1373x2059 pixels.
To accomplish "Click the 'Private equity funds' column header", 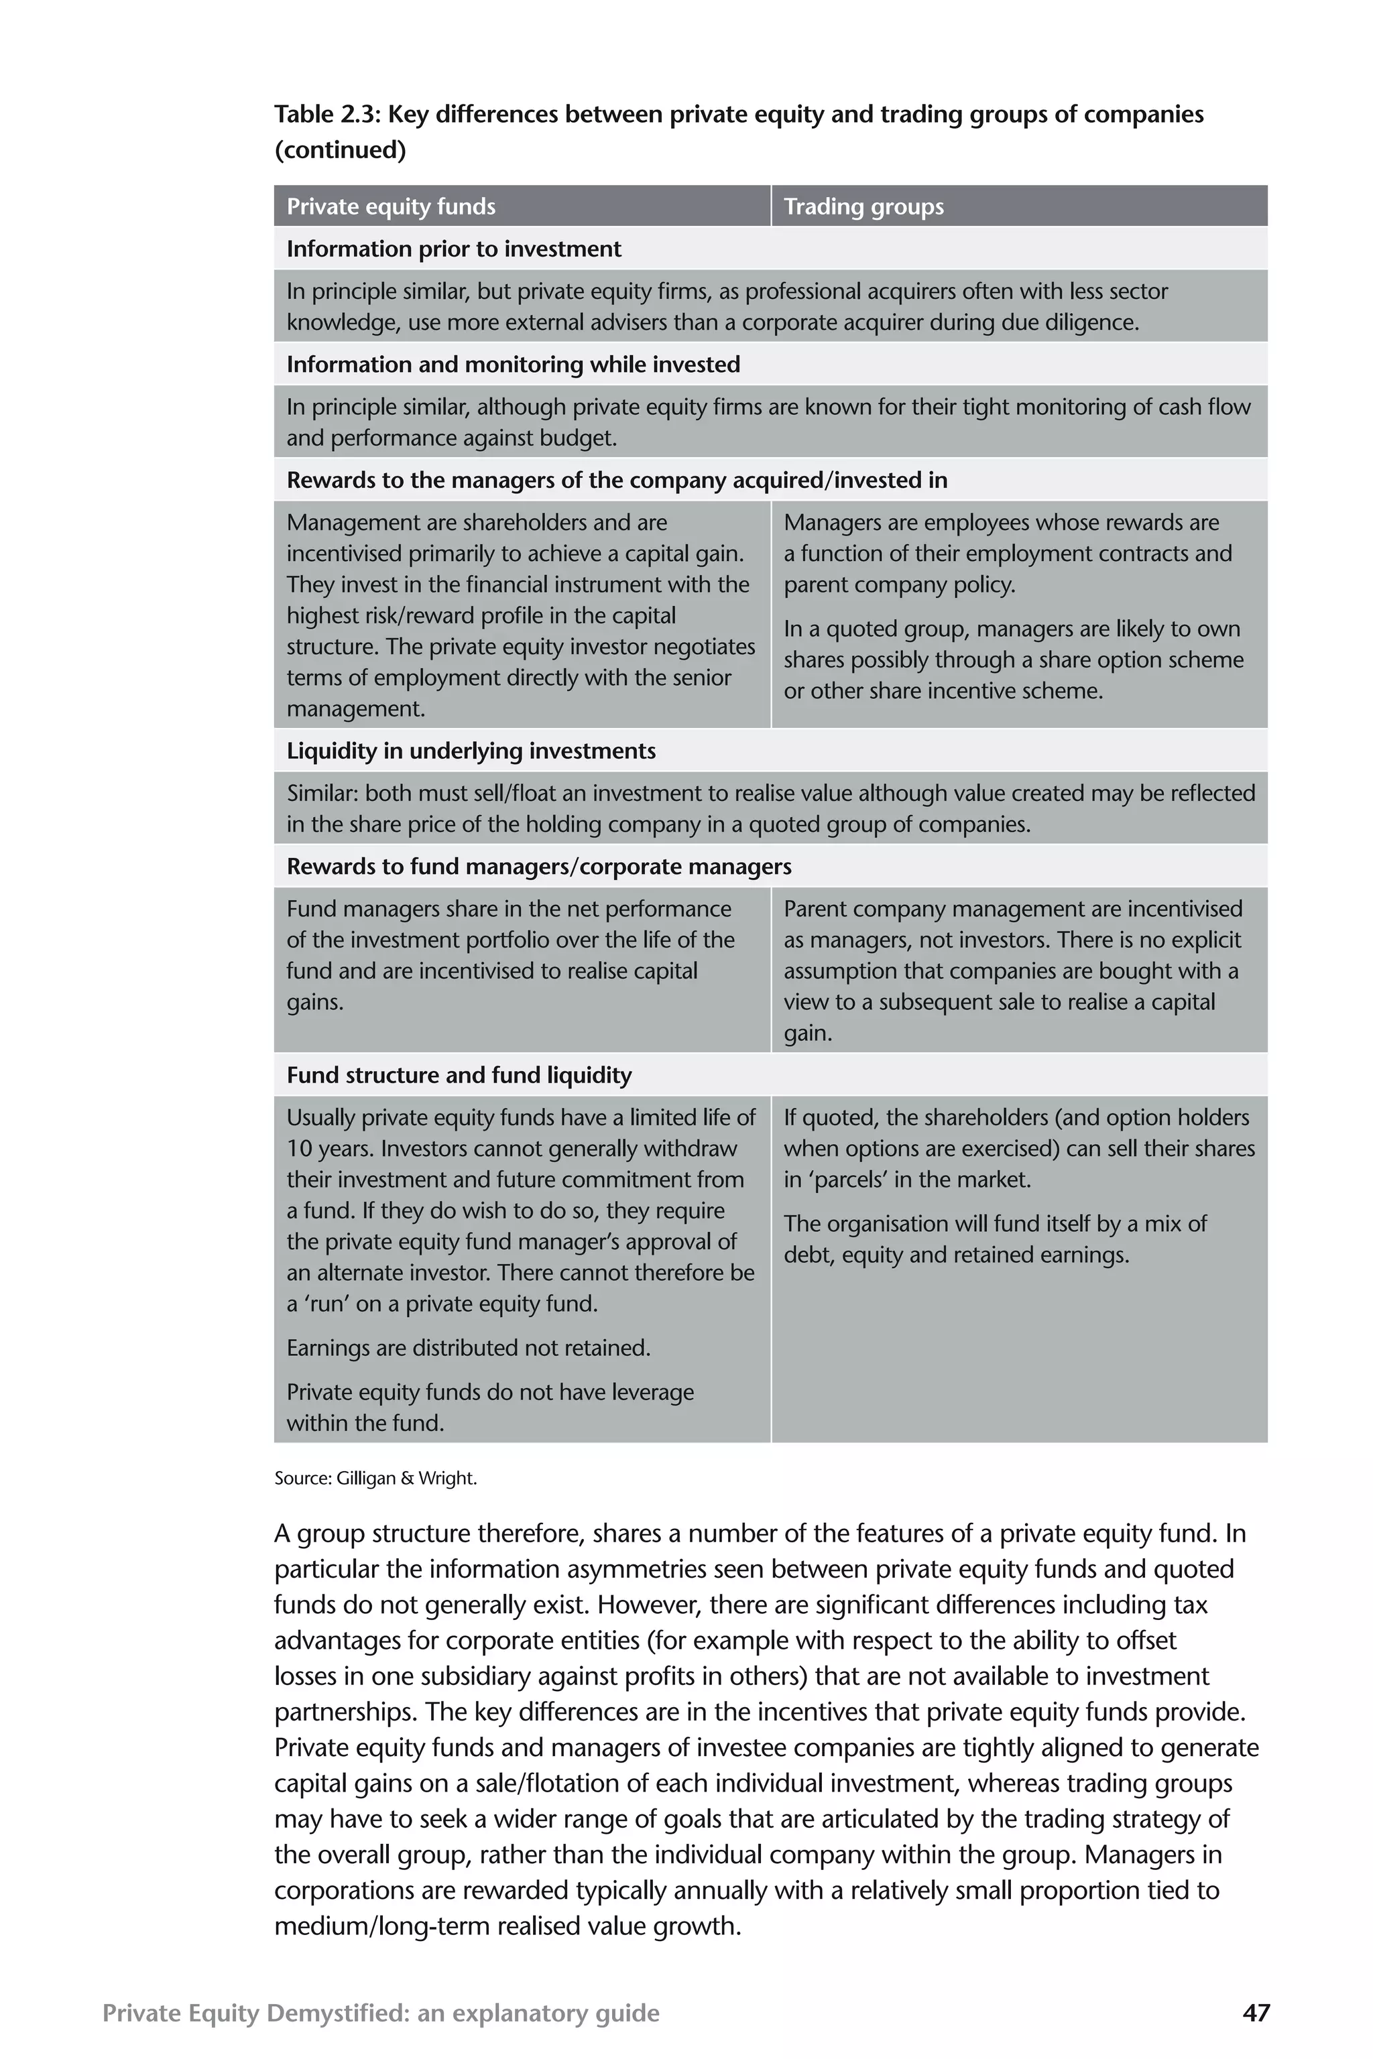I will (391, 206).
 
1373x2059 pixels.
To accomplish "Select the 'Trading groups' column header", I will (863, 206).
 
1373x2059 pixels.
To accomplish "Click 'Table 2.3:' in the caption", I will (326, 115).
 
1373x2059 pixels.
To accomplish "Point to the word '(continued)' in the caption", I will (340, 151).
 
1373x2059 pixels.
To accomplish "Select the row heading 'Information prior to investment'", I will (454, 249).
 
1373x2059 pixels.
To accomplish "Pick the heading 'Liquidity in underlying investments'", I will (471, 751).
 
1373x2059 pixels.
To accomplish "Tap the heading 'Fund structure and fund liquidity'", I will (459, 1075).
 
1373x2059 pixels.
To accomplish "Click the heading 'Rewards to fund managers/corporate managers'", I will (538, 867).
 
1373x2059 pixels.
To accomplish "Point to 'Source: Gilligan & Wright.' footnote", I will (375, 1478).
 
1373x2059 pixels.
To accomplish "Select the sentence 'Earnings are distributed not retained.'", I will (469, 1347).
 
